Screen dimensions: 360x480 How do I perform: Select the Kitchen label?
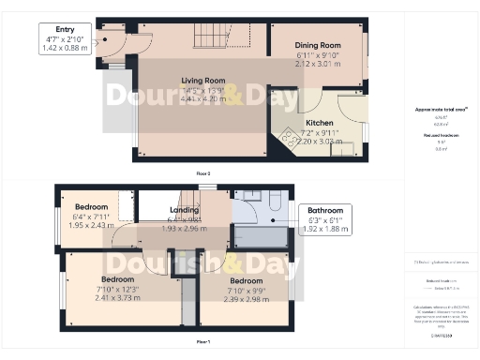[x=319, y=123]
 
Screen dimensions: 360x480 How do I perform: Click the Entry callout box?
[x=66, y=39]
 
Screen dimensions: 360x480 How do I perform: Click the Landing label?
[x=184, y=211]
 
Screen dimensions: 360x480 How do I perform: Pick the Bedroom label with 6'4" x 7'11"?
[x=92, y=207]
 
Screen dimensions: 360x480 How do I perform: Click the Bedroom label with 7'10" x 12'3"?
[x=117, y=279]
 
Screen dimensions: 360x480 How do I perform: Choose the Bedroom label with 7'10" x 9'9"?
[x=246, y=280]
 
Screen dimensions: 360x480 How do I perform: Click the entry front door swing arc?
[x=108, y=42]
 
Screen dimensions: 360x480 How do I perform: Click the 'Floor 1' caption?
[x=202, y=343]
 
